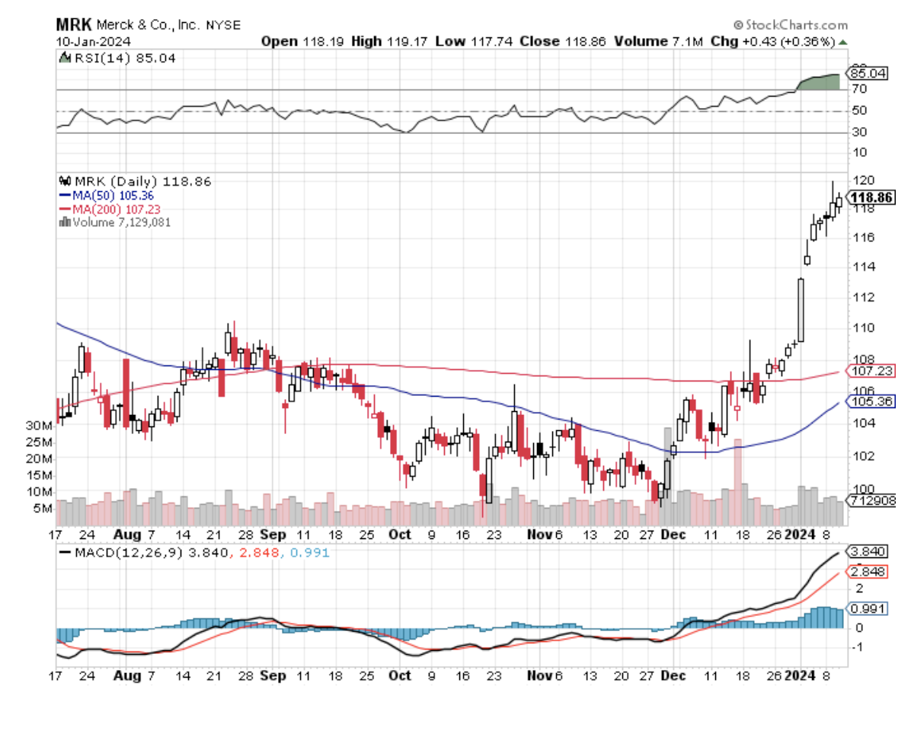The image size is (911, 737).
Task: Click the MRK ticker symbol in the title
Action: coord(74,24)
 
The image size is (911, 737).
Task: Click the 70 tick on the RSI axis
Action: coord(858,90)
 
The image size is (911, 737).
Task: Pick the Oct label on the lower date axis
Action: coord(399,676)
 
